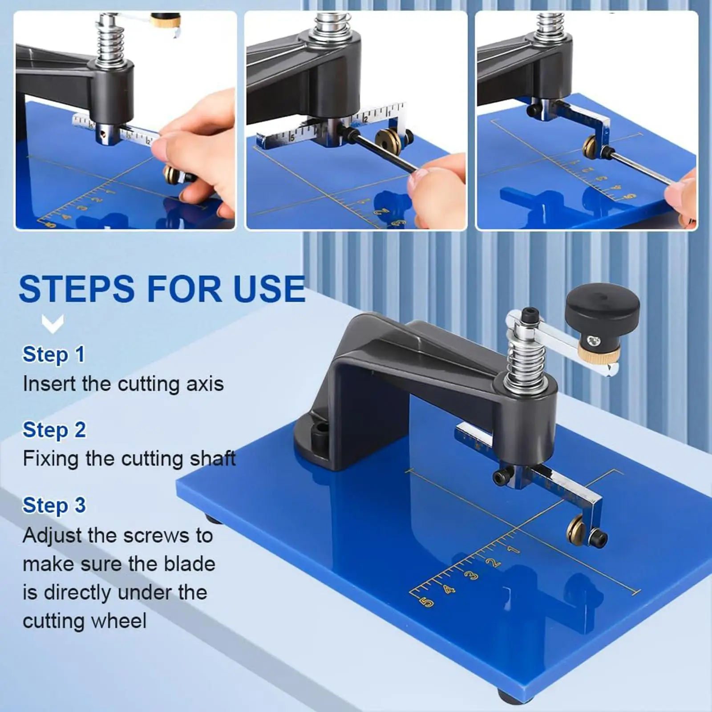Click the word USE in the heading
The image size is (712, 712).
pyautogui.click(x=269, y=289)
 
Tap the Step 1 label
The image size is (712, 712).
pyautogui.click(x=53, y=355)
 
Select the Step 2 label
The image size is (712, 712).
pyautogui.click(x=54, y=430)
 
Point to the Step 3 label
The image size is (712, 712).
pyautogui.click(x=54, y=505)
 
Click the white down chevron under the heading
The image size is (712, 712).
pyautogui.click(x=53, y=324)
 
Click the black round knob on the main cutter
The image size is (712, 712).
pyautogui.click(x=602, y=307)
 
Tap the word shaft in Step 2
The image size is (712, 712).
pyautogui.click(x=213, y=458)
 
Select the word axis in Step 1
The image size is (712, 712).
pyautogui.click(x=205, y=384)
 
